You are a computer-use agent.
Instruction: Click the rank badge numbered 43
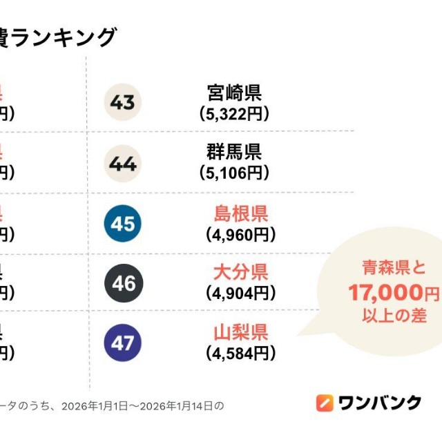(123, 103)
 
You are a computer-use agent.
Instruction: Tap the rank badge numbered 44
(123, 164)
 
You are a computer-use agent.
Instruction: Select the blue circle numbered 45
(123, 224)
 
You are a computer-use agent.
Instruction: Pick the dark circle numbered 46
(123, 283)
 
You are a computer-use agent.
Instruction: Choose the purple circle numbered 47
(123, 343)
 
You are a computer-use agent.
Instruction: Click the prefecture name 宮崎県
(234, 93)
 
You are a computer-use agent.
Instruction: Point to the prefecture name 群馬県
(234, 152)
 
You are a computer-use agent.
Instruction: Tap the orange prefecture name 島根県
(241, 213)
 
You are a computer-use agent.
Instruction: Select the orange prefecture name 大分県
(241, 272)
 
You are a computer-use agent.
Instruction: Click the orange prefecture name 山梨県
(241, 332)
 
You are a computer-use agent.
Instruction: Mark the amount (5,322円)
(234, 113)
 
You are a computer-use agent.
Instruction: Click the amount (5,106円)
(234, 173)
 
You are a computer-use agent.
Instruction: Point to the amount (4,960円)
(241, 234)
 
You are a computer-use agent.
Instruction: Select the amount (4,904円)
(241, 294)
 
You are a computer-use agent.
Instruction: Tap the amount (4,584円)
(241, 354)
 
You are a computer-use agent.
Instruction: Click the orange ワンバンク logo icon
(325, 403)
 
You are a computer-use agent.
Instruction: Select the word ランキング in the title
(69, 37)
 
